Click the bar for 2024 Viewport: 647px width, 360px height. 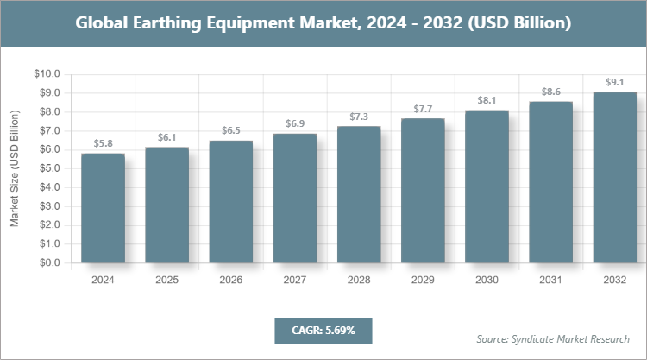coord(103,208)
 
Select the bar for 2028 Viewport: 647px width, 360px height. coord(359,194)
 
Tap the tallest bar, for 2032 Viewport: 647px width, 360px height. coord(614,177)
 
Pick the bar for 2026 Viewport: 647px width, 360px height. coord(231,202)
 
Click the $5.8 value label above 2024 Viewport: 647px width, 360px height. coord(103,143)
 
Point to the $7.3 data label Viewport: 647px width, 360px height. coord(359,116)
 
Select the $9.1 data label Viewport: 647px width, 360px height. coord(614,82)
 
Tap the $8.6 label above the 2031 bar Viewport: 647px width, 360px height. coord(550,91)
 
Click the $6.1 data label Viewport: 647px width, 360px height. coord(166,137)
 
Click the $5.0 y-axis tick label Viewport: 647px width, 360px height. coord(47,168)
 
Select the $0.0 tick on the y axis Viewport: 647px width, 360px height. coord(47,263)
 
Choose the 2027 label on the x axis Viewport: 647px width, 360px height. coord(295,280)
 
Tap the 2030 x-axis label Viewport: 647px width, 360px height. coord(487,280)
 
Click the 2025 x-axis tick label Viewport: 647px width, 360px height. coord(166,280)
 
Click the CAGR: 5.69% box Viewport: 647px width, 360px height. coord(323,331)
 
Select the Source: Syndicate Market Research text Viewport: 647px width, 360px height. coord(552,338)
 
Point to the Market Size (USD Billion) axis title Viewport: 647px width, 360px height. coord(15,168)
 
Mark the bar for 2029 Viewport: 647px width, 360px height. coord(423,191)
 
